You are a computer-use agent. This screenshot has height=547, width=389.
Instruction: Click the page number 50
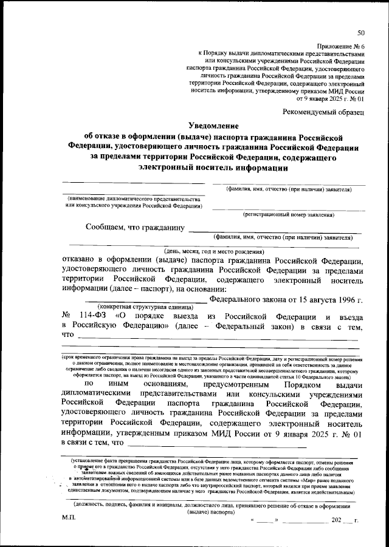(x=361, y=33)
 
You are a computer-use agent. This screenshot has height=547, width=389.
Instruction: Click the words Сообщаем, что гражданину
(x=135, y=229)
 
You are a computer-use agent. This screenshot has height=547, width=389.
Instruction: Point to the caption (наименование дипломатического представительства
(x=133, y=199)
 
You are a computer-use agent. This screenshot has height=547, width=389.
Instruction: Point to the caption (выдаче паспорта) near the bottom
(x=212, y=512)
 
